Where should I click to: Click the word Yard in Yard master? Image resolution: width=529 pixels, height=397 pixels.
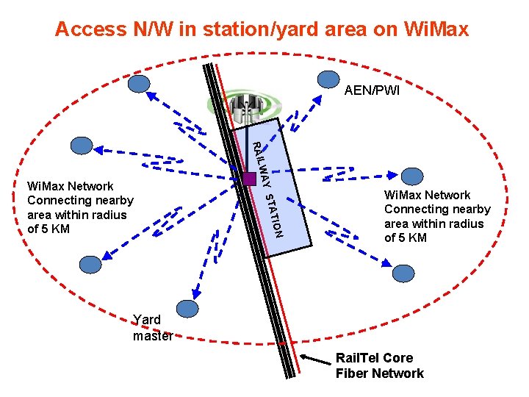tap(147, 320)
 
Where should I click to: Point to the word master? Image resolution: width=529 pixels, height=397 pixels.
tap(153, 336)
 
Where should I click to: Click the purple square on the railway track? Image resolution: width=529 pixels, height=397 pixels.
tap(249, 178)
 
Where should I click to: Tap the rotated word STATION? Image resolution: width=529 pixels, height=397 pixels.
tap(274, 216)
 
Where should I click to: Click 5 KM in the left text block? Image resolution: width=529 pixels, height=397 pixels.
tap(54, 229)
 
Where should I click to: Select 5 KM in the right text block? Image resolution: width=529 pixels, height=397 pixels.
tap(411, 237)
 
